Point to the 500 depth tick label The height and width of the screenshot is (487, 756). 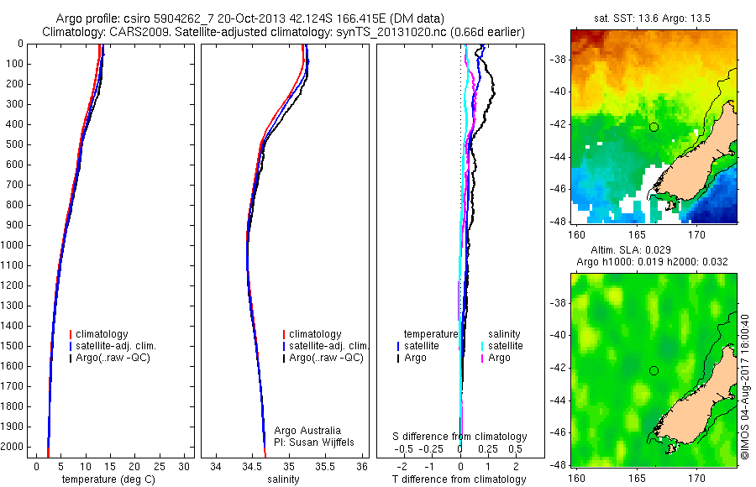coord(15,144)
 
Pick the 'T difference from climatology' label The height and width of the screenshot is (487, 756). coord(459,479)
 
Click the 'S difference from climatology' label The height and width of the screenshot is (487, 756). coord(459,437)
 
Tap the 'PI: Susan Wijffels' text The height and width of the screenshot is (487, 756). coord(316,442)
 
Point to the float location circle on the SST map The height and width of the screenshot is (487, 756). coord(654,127)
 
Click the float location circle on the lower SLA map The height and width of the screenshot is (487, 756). coord(654,370)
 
